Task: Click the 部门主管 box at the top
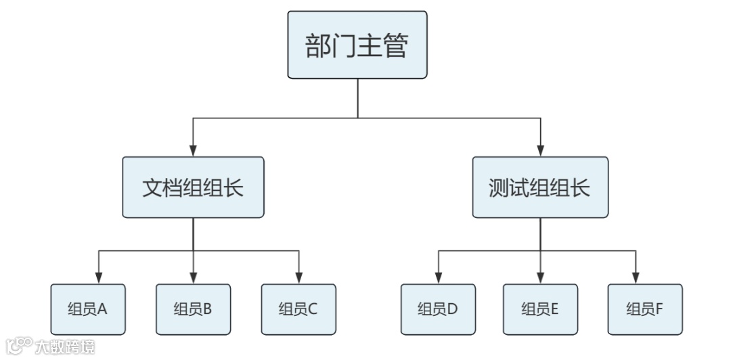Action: click(x=357, y=45)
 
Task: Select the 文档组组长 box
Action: click(x=193, y=187)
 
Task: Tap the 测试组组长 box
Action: click(x=540, y=187)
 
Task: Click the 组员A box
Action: click(x=88, y=309)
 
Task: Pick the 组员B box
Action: click(x=193, y=309)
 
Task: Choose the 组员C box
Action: click(x=298, y=309)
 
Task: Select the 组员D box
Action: click(x=438, y=309)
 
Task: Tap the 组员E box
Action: click(x=540, y=309)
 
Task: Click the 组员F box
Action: click(x=644, y=309)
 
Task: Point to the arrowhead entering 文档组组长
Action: click(x=193, y=151)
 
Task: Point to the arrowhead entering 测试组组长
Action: click(x=540, y=151)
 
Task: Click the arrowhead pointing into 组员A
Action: click(x=99, y=278)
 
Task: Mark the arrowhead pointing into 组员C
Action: click(x=298, y=278)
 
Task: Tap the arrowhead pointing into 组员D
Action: click(x=438, y=278)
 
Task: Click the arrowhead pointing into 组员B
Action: click(x=193, y=278)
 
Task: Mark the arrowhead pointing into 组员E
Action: click(x=540, y=278)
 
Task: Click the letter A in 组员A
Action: click(x=103, y=309)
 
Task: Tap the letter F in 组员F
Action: click(x=659, y=309)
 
